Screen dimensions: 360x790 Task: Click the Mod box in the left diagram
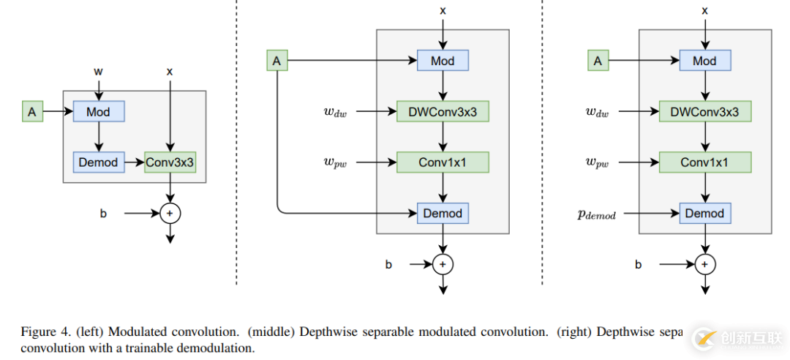pyautogui.click(x=98, y=112)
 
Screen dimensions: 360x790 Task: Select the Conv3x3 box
pyautogui.click(x=170, y=162)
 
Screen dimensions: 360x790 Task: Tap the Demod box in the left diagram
pyautogui.click(x=98, y=162)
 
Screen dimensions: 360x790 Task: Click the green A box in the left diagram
pyautogui.click(x=32, y=112)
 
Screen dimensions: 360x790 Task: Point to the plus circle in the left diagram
pyautogui.click(x=170, y=214)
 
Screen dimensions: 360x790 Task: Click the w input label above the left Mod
pyautogui.click(x=98, y=72)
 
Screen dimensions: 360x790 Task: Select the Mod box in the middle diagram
pyautogui.click(x=443, y=61)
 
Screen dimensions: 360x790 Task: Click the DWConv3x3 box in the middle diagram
pyautogui.click(x=443, y=112)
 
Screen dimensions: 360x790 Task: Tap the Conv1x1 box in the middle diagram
pyautogui.click(x=443, y=162)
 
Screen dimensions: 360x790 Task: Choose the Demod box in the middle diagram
pyautogui.click(x=443, y=214)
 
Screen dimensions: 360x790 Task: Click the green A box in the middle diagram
pyautogui.click(x=276, y=61)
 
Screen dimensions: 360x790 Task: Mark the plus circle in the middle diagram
pyautogui.click(x=443, y=263)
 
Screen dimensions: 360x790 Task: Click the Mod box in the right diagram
pyautogui.click(x=704, y=61)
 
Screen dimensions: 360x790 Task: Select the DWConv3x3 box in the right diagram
pyautogui.click(x=704, y=112)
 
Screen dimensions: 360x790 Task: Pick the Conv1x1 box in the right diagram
pyautogui.click(x=704, y=162)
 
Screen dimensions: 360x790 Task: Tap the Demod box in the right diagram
pyautogui.click(x=704, y=214)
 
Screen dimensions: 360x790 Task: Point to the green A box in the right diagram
pyautogui.click(x=598, y=61)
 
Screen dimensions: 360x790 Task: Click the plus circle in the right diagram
pyautogui.click(x=704, y=263)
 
